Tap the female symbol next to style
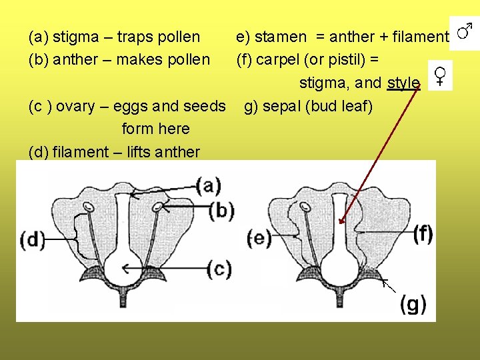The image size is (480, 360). [x=440, y=75]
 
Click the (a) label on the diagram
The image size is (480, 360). [x=209, y=185]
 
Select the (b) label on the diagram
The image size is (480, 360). [x=221, y=211]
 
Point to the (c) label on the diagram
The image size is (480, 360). [x=219, y=269]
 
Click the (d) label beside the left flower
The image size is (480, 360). [x=33, y=239]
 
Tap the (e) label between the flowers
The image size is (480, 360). [x=259, y=238]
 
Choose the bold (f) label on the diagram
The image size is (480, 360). [x=422, y=233]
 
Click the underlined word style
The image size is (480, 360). [x=403, y=83]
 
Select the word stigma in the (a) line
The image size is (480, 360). [x=73, y=37]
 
